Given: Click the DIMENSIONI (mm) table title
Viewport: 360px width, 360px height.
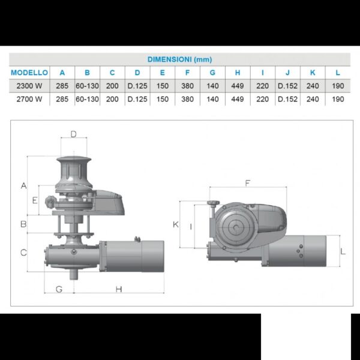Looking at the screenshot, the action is click(179, 59).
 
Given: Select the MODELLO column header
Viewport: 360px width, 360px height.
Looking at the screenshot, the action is click(29, 73).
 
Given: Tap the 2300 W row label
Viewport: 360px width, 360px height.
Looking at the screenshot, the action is click(29, 86).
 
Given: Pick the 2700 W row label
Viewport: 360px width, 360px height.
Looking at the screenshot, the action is click(29, 99).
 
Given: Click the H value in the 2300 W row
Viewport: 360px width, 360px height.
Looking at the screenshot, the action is click(238, 86).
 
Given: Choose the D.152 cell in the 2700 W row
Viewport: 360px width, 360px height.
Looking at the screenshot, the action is click(287, 99).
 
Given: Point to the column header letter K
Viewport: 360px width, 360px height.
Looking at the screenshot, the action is click(313, 73).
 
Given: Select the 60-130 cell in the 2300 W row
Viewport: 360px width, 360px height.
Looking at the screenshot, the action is click(87, 86).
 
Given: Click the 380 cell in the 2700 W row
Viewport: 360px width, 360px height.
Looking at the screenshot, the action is click(187, 99).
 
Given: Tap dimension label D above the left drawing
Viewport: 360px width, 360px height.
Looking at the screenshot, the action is click(73, 134).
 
